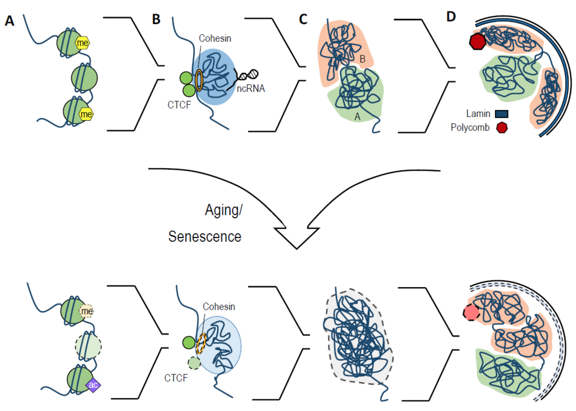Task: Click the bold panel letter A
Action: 10,21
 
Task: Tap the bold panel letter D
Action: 451,17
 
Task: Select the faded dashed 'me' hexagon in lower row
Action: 86,311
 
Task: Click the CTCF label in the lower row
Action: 176,378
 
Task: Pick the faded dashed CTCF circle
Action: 194,363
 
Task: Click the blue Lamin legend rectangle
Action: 501,114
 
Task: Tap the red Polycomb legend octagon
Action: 502,128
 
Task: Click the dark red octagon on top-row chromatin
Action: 477,41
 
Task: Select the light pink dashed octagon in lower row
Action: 471,312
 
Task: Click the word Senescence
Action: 205,237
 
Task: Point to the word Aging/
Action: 223,210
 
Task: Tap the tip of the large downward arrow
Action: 297,249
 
